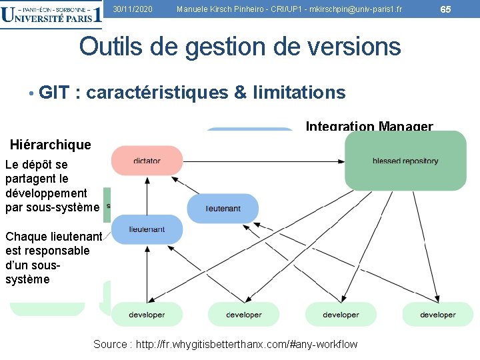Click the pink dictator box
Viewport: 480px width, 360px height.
click(147, 161)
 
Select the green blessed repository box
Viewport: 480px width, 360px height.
click(405, 161)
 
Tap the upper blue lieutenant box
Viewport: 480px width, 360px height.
click(223, 208)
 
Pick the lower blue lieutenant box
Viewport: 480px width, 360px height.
click(147, 229)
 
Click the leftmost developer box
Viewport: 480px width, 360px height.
click(147, 315)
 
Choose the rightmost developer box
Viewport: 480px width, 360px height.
click(438, 315)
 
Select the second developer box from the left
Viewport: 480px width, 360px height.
click(243, 315)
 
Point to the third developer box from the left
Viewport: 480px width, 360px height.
click(341, 315)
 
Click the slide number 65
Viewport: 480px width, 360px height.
click(446, 8)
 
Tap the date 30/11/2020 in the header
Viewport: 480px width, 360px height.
click(133, 9)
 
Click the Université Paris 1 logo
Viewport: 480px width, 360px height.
click(52, 15)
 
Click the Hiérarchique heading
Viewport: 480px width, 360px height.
click(51, 145)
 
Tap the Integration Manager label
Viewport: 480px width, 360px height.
click(369, 126)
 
